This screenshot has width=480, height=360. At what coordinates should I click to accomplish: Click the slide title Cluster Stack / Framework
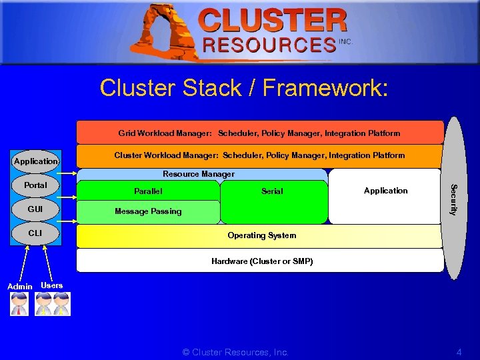click(x=243, y=88)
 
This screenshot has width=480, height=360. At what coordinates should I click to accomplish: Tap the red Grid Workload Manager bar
click(x=259, y=133)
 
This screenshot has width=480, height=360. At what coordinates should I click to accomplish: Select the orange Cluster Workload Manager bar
click(x=259, y=156)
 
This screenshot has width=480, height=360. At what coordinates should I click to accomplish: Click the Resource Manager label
click(x=199, y=174)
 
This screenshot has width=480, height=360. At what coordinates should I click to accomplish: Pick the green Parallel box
click(x=148, y=191)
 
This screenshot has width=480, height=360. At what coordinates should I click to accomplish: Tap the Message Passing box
click(x=148, y=212)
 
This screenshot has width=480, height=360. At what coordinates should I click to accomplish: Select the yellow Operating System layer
click(x=261, y=236)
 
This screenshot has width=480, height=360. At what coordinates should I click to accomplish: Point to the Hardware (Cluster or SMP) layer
click(x=261, y=261)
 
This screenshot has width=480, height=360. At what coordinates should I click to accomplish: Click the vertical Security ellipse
click(x=453, y=199)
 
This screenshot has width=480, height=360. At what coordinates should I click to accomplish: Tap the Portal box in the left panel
click(x=36, y=185)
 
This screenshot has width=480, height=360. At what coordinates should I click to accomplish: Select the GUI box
click(x=36, y=209)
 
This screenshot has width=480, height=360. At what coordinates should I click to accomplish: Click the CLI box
click(x=36, y=233)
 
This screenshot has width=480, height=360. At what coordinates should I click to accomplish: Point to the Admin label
click(x=19, y=287)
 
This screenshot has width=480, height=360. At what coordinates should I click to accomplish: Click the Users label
click(x=52, y=285)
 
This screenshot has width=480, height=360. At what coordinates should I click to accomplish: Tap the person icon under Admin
click(x=19, y=304)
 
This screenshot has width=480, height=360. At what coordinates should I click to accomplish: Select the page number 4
click(x=459, y=352)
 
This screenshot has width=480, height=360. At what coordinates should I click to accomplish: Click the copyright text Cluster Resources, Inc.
click(x=235, y=352)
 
